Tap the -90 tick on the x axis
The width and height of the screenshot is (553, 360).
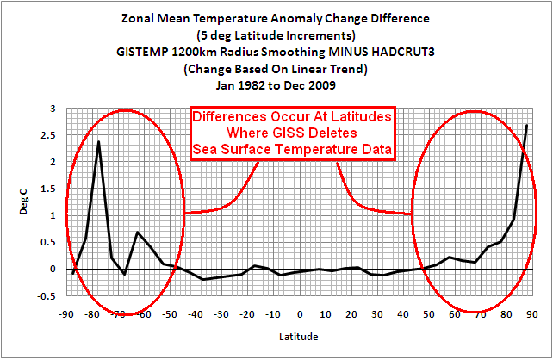67,313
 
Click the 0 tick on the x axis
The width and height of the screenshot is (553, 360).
300,313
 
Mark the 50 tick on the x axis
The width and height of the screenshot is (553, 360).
428,313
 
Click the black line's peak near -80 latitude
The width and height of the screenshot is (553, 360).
99,141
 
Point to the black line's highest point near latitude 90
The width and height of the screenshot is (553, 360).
526,126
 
